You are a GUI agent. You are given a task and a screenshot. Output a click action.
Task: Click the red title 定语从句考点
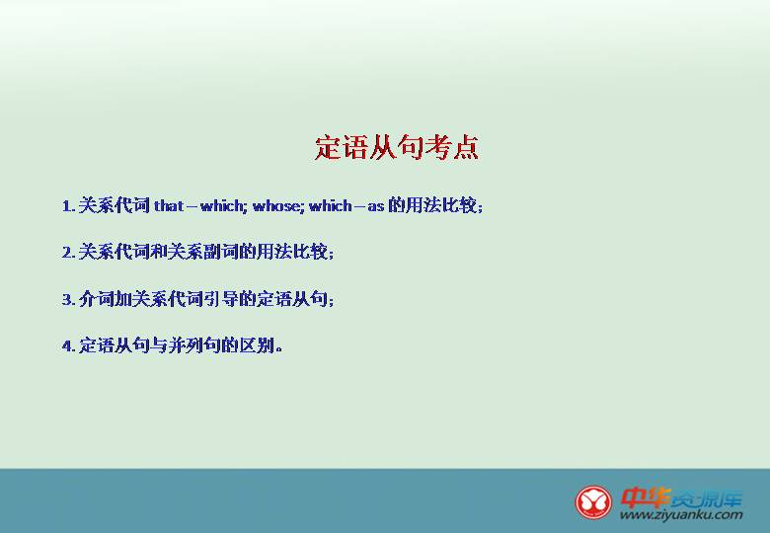click(x=397, y=147)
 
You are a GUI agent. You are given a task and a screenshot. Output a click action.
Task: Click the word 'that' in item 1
click(x=169, y=205)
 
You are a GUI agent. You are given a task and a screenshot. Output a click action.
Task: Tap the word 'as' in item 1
click(x=376, y=206)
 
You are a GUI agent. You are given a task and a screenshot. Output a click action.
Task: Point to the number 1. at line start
click(x=69, y=206)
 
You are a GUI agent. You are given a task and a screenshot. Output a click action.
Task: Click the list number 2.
click(x=69, y=253)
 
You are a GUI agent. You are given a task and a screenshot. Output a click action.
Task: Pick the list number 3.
click(x=69, y=299)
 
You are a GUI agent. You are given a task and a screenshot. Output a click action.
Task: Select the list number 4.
click(x=69, y=346)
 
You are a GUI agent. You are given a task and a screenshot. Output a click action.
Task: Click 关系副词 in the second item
click(x=202, y=252)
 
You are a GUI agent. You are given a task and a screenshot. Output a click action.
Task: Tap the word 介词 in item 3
click(x=97, y=299)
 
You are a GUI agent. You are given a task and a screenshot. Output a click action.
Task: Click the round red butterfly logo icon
click(x=593, y=502)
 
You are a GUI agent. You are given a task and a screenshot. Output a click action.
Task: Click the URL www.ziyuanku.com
click(x=681, y=515)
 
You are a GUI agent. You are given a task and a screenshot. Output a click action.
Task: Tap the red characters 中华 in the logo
click(x=644, y=497)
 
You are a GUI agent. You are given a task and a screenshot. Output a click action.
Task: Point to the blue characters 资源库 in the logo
click(x=706, y=499)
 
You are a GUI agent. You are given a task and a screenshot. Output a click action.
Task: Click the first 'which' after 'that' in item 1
click(x=222, y=205)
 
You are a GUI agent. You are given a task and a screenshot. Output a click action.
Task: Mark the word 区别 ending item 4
click(x=257, y=345)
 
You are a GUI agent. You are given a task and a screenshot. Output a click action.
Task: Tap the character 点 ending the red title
click(x=465, y=147)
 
